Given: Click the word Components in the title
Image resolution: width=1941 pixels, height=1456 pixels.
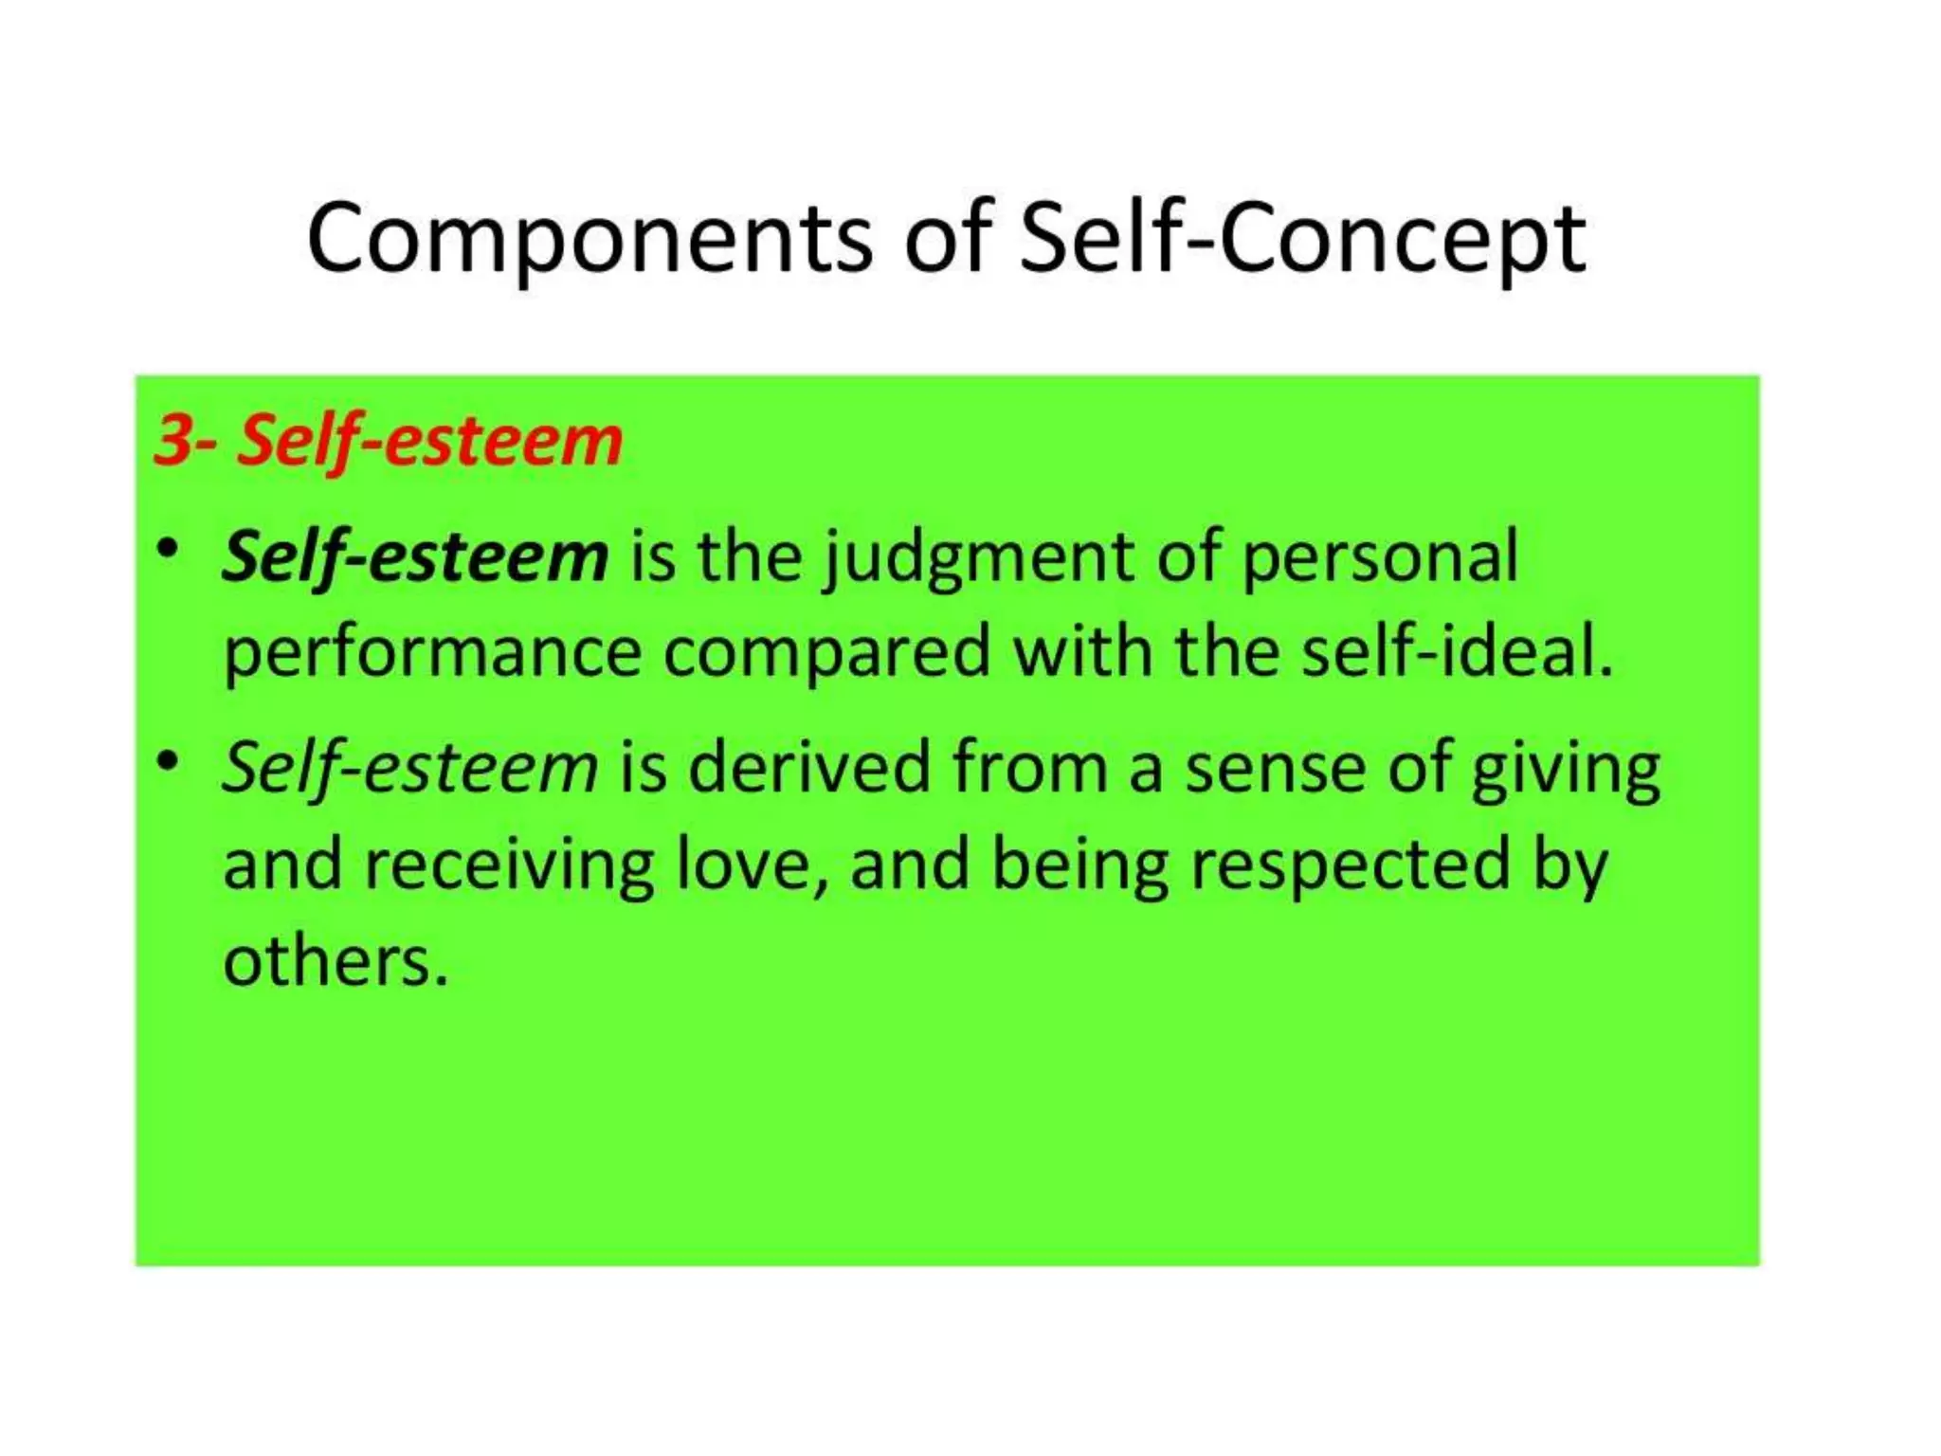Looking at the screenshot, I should point(589,239).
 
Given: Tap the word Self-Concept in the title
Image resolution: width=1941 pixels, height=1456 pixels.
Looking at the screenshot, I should point(1301,239).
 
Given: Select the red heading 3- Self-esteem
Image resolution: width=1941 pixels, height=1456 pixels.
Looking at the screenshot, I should point(388,440).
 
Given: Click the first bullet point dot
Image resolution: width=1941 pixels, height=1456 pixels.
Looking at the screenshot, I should point(168,550).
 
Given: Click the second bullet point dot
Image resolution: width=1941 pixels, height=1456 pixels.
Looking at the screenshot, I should point(168,760).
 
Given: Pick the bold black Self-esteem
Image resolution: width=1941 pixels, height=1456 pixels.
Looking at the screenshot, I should point(414,556).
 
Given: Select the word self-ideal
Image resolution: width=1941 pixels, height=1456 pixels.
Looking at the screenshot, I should point(1456,652).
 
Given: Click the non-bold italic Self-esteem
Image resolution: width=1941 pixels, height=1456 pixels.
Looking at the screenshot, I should point(409,768).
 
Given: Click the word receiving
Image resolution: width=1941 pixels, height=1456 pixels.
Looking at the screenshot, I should point(509,866).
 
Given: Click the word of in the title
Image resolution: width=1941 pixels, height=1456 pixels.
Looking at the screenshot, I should point(945,239).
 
